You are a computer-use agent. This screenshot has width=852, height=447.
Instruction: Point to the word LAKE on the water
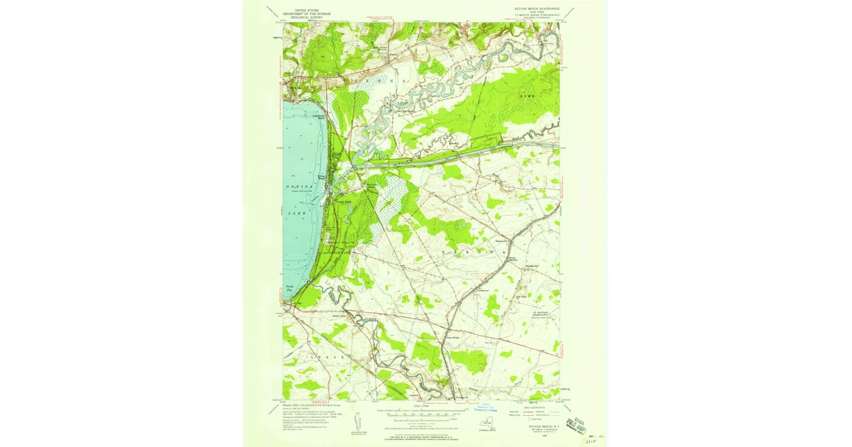(x=297, y=213)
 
